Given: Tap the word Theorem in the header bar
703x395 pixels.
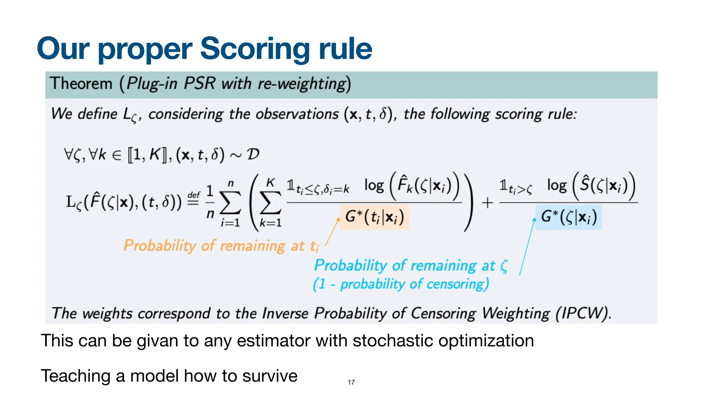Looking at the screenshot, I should click(81, 84).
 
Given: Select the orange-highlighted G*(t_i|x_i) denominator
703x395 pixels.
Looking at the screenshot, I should click(374, 217).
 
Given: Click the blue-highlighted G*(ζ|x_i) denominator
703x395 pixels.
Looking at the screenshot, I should click(569, 217).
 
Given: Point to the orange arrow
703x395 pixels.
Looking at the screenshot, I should click(332, 232).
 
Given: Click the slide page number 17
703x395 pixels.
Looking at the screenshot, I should click(351, 382).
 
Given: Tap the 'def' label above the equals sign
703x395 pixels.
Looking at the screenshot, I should click(194, 195).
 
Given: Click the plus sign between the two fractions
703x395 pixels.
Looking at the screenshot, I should click(487, 203).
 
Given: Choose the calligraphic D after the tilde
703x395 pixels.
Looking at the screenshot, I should click(253, 154).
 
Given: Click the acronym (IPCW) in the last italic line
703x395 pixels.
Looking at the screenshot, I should click(584, 313).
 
